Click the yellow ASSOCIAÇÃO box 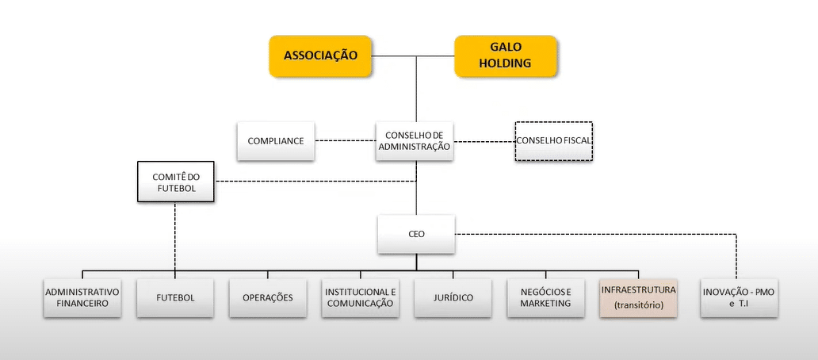[320, 56]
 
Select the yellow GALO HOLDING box [504, 56]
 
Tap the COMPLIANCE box [276, 141]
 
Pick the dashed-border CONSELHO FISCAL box [554, 141]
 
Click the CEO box [416, 235]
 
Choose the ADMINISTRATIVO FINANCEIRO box [82, 297]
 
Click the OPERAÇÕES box [268, 297]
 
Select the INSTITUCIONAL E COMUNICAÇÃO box [359, 297]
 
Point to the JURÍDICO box [453, 297]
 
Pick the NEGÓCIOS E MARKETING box [545, 297]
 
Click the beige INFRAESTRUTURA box [638, 297]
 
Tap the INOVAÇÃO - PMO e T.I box [739, 297]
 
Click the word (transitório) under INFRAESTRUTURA [638, 305]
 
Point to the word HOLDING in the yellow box [504, 63]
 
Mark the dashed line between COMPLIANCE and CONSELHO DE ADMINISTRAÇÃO [345, 141]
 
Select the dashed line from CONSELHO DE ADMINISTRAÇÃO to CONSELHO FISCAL [483, 142]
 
